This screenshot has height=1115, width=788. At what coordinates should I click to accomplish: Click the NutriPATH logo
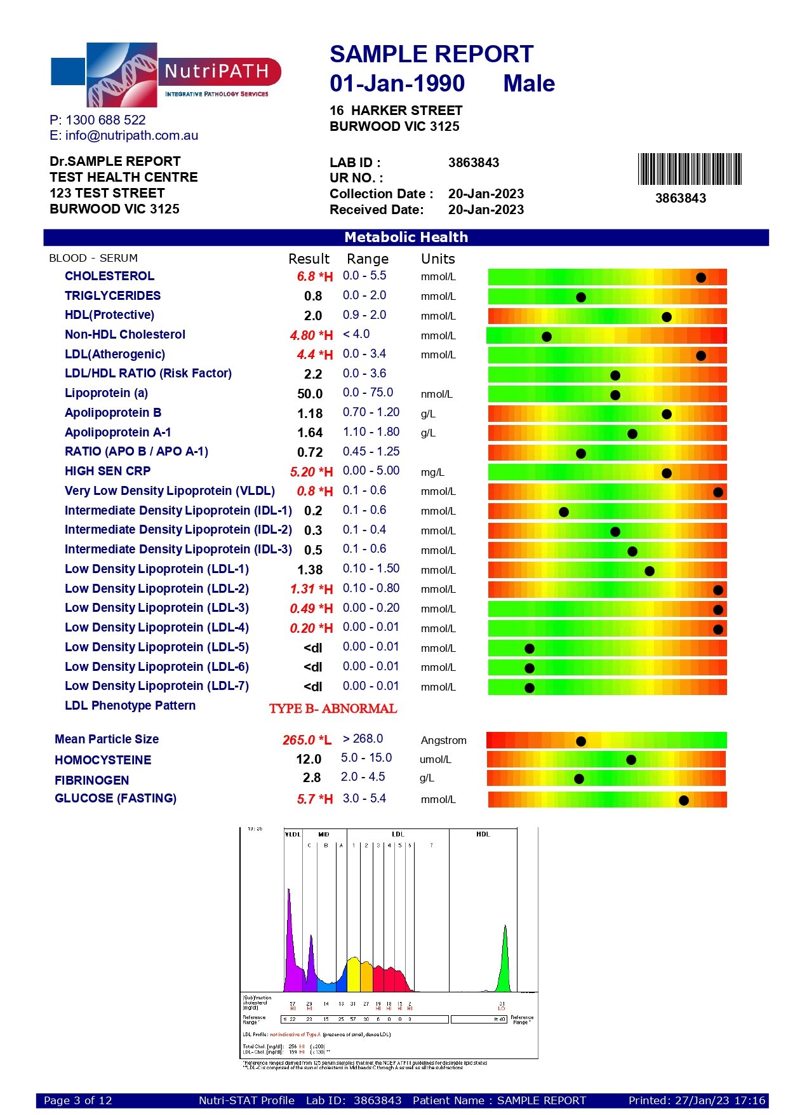pos(166,75)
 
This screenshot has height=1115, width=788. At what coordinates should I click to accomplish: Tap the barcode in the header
pos(690,169)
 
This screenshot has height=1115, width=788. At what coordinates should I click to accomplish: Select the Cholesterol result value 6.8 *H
pos(314,276)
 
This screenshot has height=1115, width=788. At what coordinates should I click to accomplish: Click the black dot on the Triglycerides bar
pos(580,297)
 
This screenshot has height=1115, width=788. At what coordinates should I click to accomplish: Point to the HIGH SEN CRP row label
pos(107,471)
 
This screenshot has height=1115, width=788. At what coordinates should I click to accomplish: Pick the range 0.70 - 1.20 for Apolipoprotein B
pos(371,412)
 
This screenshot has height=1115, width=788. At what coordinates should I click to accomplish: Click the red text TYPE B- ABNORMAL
pos(333,708)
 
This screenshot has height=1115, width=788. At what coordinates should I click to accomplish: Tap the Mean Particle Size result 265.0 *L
pos(307,740)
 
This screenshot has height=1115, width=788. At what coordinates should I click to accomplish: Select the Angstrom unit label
pos(443,740)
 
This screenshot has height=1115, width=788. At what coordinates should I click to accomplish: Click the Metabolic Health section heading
pos(406,238)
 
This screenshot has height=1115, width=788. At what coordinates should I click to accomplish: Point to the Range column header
pos(367,259)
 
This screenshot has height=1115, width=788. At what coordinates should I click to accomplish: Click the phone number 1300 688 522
pos(105,120)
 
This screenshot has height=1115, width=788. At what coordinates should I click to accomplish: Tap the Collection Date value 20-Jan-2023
pos(486,194)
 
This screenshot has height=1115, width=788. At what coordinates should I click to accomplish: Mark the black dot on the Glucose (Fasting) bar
pos(683,800)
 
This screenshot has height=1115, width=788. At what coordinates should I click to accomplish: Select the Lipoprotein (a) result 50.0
pos(310,394)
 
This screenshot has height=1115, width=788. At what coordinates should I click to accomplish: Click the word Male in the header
pos(529,84)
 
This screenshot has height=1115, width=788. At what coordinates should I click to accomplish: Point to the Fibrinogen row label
pos(91,780)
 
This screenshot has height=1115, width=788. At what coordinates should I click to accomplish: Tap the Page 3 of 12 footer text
pos(77,1100)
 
